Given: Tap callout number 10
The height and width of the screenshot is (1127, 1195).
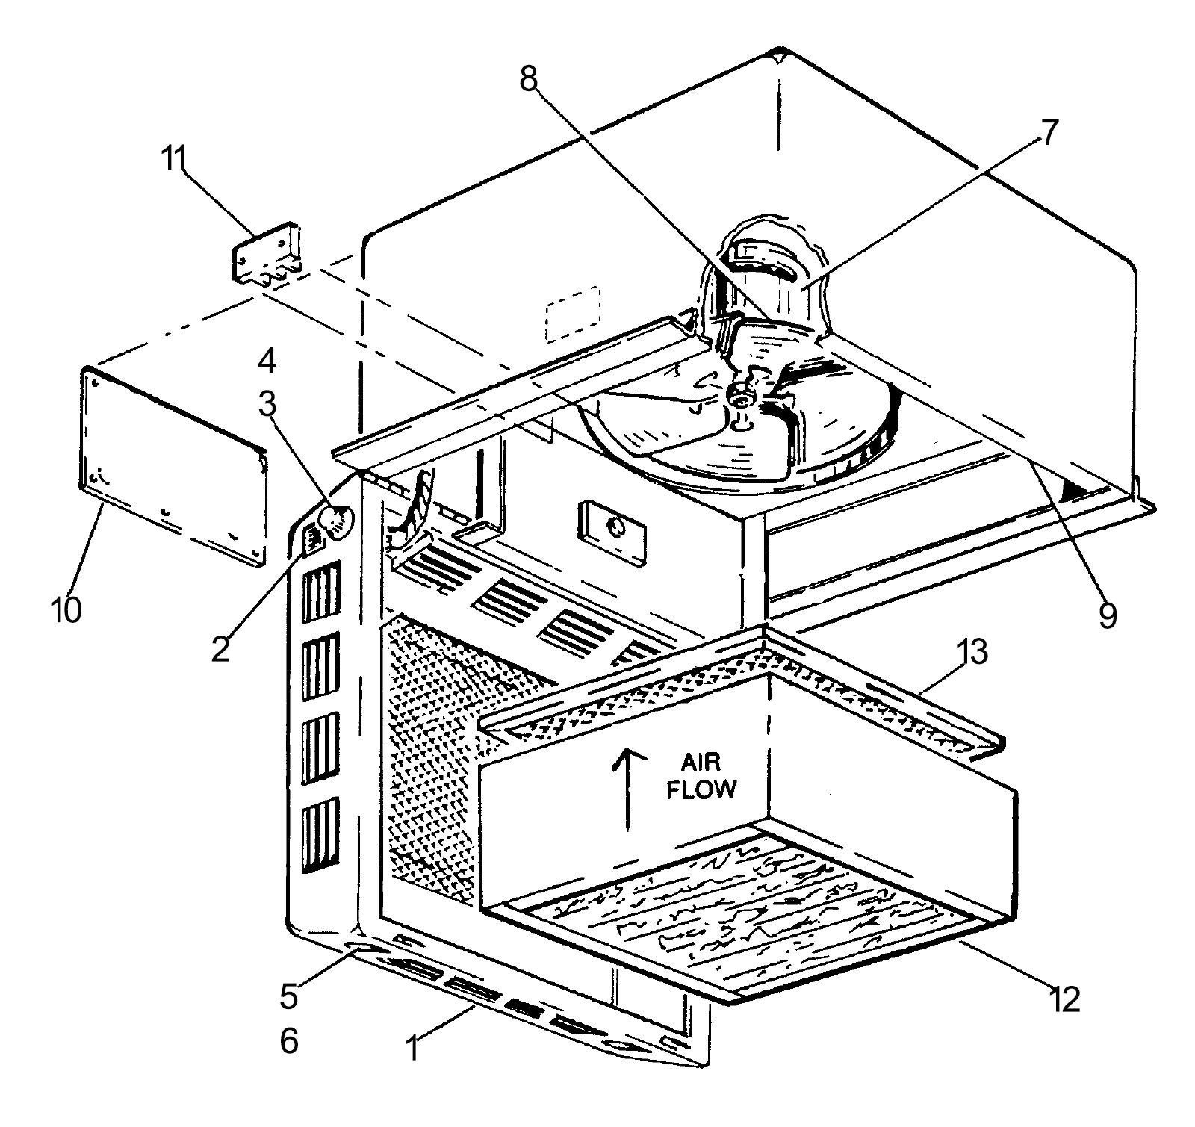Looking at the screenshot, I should [66, 610].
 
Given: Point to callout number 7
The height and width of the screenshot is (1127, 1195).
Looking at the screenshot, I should [1049, 134].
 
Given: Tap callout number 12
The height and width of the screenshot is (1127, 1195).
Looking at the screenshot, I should [1064, 999].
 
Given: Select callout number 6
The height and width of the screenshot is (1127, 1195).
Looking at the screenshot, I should [289, 1040].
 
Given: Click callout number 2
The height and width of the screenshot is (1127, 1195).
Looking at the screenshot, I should [220, 649].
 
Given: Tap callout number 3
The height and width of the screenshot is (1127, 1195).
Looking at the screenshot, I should [267, 405].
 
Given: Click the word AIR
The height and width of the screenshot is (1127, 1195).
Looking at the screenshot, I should [700, 763].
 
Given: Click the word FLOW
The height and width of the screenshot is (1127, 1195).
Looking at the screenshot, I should [701, 789].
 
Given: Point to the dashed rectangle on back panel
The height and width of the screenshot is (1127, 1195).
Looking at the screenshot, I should [574, 314].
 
